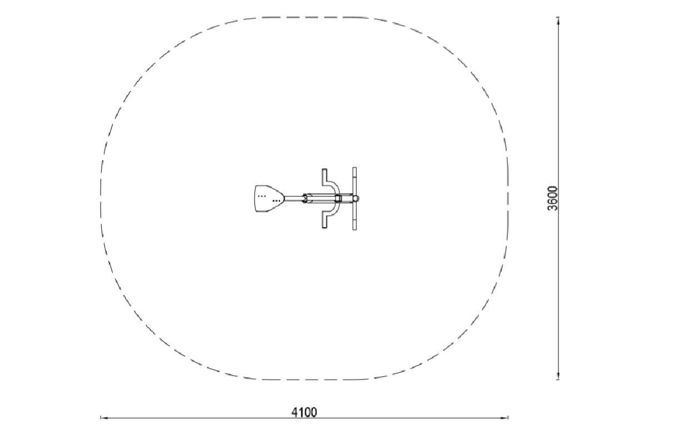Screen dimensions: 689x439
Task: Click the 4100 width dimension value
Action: [304, 412]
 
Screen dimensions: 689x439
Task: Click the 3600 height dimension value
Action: [552, 198]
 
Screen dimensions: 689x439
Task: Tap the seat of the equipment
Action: [269, 199]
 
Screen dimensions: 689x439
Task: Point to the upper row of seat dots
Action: [262, 196]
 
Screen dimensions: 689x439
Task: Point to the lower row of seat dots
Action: [276, 201]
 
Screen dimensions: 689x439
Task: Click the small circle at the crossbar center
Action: [356, 199]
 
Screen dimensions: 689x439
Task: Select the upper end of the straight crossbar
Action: [355, 168]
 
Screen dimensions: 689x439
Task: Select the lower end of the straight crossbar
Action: [355, 229]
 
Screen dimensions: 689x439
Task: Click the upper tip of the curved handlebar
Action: [324, 170]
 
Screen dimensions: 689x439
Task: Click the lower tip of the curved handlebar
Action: [324, 228]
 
